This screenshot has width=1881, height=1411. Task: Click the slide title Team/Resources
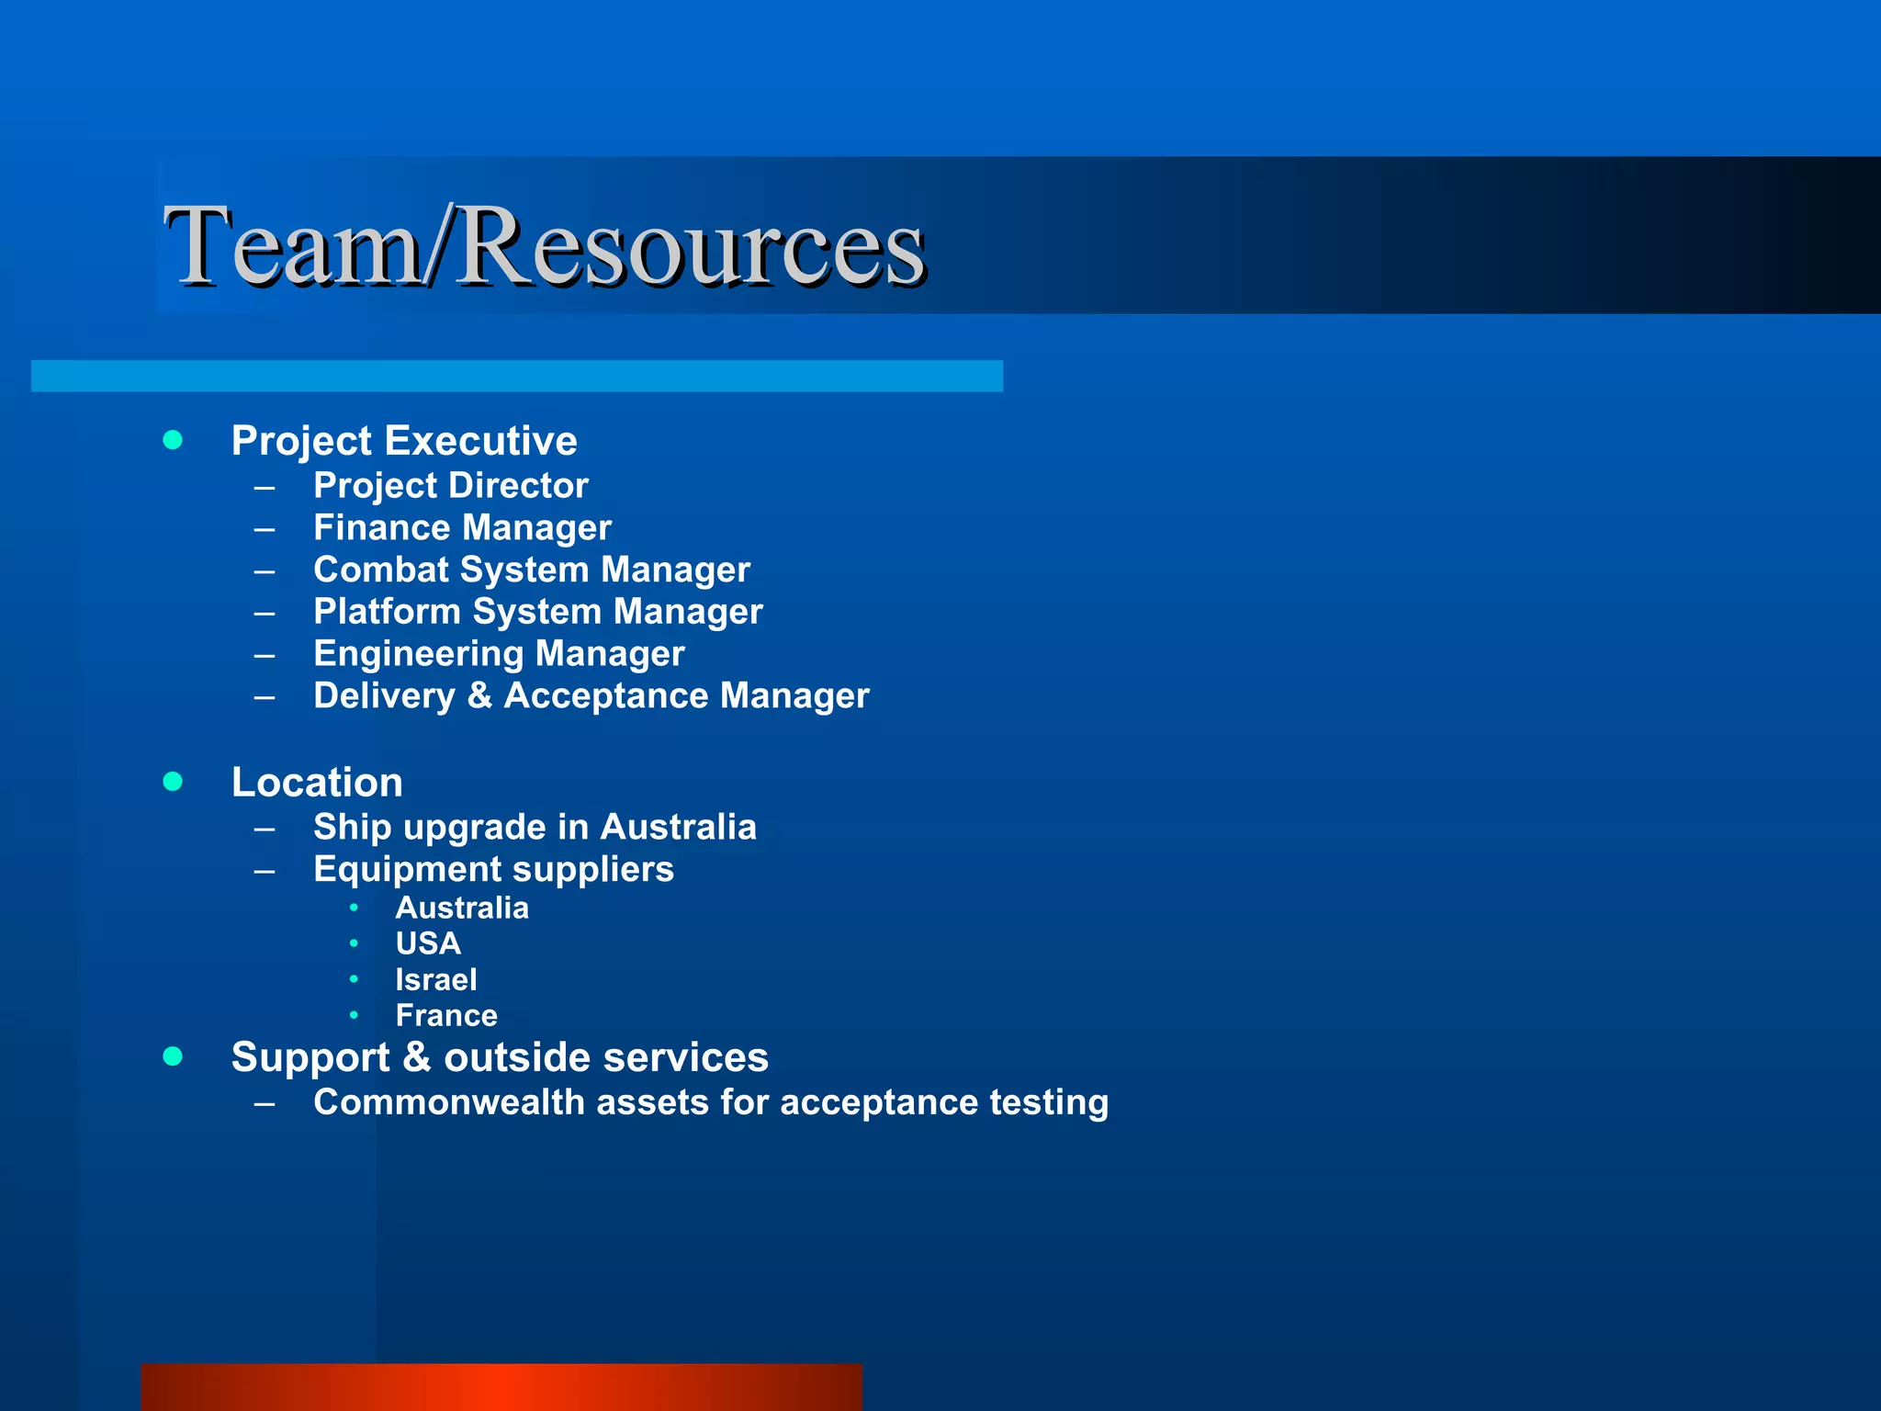point(544,246)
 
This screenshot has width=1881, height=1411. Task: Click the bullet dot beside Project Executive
point(173,440)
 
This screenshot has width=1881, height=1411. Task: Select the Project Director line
point(450,485)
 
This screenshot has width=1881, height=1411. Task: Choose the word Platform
point(387,612)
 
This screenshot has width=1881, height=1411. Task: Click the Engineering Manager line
point(499,654)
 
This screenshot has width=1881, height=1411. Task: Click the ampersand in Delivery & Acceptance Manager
point(479,695)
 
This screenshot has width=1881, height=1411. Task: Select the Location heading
point(317,782)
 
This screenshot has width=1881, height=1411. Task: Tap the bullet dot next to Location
point(173,782)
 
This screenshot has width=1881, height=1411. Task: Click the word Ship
point(353,828)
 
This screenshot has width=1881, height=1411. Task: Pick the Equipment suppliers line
point(493,869)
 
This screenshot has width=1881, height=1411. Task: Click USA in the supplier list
point(428,943)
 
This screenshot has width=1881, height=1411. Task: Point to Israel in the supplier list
point(436,979)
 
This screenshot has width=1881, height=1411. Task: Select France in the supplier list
point(446,1015)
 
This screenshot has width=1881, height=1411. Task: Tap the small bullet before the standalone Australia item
point(354,909)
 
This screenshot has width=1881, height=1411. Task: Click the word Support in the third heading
point(311,1057)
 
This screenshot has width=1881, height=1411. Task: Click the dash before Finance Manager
point(265,529)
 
